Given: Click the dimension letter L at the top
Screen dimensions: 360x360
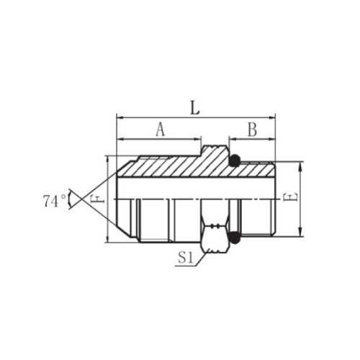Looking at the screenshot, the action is click(195, 107).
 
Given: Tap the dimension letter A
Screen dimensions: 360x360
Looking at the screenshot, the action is click(161, 129).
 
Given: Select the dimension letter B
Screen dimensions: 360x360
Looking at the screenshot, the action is click(252, 130).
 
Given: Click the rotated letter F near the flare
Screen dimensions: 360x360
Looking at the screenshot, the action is click(97, 199).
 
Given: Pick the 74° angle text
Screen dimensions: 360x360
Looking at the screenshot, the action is click(55, 201).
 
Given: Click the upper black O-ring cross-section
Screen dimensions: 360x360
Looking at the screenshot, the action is click(235, 161).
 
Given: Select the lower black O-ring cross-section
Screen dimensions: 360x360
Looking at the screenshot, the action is click(235, 238).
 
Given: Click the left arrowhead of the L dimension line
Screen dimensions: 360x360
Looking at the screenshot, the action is click(120, 117).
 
